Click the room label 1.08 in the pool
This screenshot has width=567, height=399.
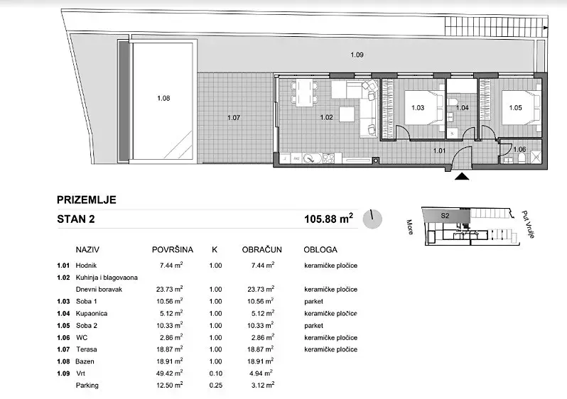coord(163,98)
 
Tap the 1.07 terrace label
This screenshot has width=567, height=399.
coord(234,117)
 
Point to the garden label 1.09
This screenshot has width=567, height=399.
coord(357,55)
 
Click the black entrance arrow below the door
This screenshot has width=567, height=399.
coord(461,176)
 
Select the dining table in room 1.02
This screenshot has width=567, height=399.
coord(305,93)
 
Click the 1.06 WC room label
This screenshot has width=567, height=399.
coord(519,149)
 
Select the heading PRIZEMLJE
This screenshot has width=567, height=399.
coord(87,200)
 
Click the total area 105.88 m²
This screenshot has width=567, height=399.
coord(329,219)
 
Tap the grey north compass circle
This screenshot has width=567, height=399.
coord(372,219)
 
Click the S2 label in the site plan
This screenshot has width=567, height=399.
coord(445,216)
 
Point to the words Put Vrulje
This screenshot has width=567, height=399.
coord(529,224)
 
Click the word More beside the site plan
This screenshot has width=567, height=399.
coord(410,227)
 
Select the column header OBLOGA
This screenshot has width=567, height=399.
coord(320,250)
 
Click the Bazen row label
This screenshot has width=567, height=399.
coord(85,361)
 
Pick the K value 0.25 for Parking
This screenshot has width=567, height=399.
coord(215,386)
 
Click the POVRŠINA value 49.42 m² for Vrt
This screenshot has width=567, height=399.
coord(169,373)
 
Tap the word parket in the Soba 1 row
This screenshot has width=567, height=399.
coord(313,302)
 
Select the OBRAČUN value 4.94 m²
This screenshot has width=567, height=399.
coord(261,373)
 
